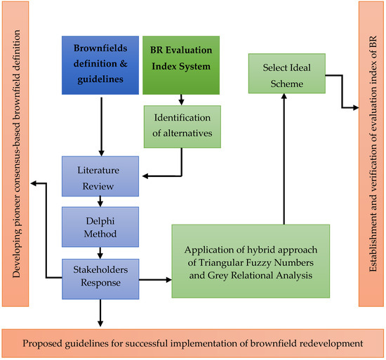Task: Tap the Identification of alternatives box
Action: click(182, 126)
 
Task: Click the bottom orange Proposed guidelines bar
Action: click(193, 343)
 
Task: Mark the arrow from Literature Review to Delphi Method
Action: click(100, 201)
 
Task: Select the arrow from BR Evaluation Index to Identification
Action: click(182, 100)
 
